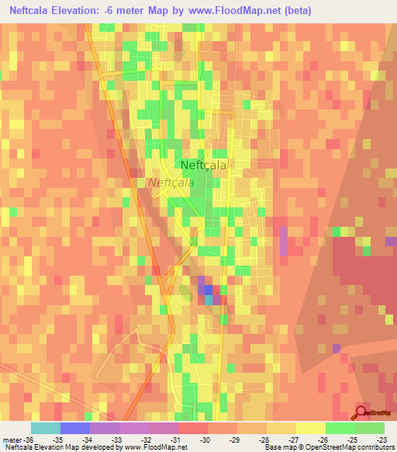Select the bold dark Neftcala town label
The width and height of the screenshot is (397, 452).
[x=203, y=165]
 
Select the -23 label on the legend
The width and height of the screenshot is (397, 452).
[x=382, y=440]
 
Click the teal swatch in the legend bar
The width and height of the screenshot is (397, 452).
[x=46, y=428]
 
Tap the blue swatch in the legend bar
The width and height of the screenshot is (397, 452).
[x=75, y=428]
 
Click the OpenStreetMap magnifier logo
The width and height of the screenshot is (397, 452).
[x=362, y=412]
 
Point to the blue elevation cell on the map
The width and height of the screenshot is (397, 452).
[x=207, y=290]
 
